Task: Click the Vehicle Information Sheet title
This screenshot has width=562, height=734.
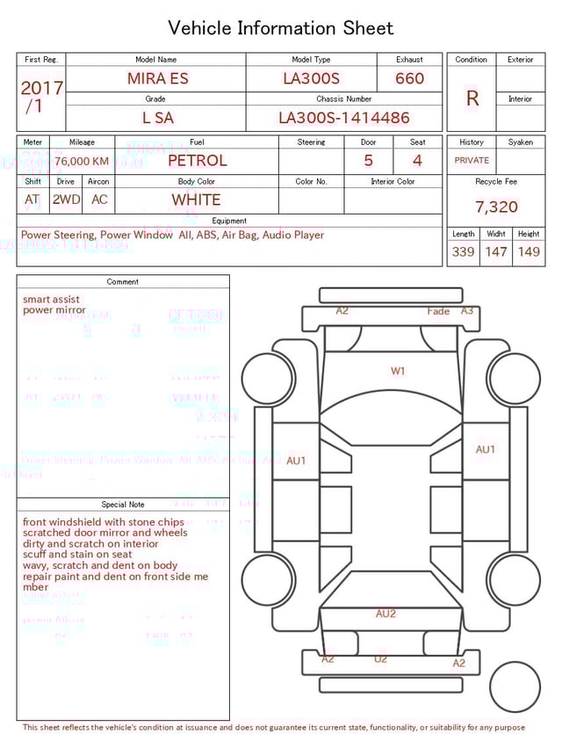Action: [x=281, y=28]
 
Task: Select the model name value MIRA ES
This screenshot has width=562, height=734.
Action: [x=158, y=78]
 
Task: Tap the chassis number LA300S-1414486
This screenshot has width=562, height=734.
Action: [x=344, y=118]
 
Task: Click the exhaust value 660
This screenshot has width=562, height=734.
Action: [x=409, y=78]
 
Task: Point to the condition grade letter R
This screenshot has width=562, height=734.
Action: [x=472, y=98]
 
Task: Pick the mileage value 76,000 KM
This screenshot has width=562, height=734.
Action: [x=82, y=161]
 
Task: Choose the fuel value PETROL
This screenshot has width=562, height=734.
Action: [x=197, y=161]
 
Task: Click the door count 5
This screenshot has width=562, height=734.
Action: [x=368, y=161]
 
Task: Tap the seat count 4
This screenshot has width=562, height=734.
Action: [x=417, y=161]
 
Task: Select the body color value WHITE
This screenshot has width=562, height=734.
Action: [x=196, y=200]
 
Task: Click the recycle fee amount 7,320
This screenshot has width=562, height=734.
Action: [x=496, y=207]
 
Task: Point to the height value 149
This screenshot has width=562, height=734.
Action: [x=529, y=252]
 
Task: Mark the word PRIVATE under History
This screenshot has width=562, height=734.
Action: [x=472, y=161]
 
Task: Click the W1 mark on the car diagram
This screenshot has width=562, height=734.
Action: [x=398, y=372]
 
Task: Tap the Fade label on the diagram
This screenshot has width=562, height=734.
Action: [x=438, y=311]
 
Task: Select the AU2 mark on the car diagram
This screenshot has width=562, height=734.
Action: [x=385, y=614]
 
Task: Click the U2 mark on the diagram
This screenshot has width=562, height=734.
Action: [x=380, y=659]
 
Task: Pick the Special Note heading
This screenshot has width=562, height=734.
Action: [x=123, y=505]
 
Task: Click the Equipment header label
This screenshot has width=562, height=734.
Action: [x=229, y=221]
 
